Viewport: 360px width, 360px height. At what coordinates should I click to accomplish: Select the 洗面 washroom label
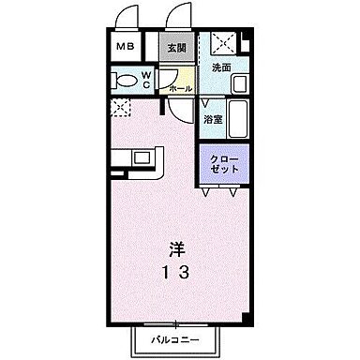pyautogui.click(x=220, y=68)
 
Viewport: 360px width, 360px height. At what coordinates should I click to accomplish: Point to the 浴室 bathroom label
pyautogui.click(x=211, y=119)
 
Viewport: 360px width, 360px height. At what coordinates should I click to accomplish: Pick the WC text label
pyautogui.click(x=146, y=79)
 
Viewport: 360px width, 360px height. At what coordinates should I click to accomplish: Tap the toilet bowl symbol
pyautogui.click(x=122, y=79)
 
